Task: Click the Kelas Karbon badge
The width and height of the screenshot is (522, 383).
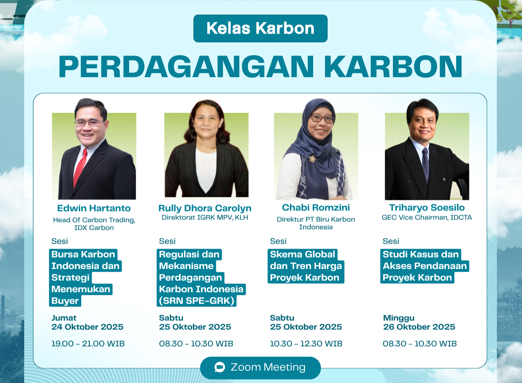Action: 260,28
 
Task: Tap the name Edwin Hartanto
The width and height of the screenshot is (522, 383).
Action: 94,208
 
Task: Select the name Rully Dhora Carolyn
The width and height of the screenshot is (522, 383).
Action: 205,208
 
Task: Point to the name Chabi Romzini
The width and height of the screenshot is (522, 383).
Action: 316,208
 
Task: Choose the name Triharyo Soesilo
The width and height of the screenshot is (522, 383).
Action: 427,208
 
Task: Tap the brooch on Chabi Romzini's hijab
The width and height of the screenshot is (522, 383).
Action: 312,159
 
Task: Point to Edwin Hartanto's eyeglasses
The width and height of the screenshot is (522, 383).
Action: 89,123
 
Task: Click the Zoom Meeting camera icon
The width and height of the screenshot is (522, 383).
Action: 220,367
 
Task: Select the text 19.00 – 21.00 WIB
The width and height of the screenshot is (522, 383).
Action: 88,344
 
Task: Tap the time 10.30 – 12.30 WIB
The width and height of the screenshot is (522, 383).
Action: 306,344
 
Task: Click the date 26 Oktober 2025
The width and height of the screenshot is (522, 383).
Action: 419,327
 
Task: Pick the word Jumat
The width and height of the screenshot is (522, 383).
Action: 64,318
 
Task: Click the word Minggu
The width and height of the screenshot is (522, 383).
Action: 399,318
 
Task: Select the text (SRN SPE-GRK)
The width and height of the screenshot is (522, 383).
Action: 197,301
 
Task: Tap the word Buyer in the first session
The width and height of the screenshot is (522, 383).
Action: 65,301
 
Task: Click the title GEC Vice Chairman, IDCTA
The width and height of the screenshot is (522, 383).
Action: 427,218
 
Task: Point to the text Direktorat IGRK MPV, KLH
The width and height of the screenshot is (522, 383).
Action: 205,218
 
